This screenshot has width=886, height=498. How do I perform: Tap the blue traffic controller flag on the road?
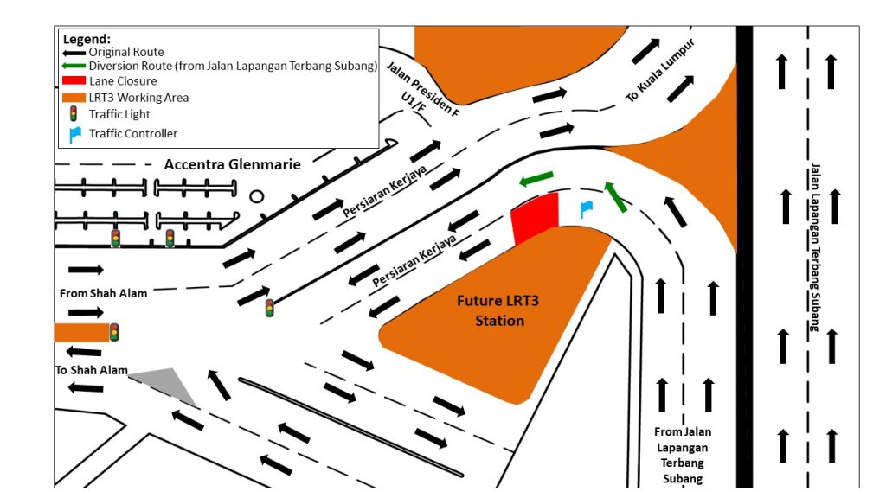[585, 208]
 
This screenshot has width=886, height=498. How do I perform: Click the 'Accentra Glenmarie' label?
[233, 164]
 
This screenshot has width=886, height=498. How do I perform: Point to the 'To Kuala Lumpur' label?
[660, 71]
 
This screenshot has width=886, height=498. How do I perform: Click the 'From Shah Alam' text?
[103, 293]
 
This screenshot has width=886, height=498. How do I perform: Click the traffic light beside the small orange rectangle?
[113, 332]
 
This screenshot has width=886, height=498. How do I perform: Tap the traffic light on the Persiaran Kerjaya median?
[270, 307]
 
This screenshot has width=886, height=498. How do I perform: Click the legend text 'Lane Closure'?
[123, 81]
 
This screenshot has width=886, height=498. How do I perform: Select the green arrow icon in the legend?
[74, 66]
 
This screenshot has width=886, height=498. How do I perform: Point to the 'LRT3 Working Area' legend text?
[138, 98]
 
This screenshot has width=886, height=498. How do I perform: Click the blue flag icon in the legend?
[74, 134]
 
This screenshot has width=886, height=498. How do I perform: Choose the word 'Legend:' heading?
[87, 39]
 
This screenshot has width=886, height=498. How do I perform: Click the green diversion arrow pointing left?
[536, 179]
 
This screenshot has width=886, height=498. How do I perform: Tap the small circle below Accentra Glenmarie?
[257, 196]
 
